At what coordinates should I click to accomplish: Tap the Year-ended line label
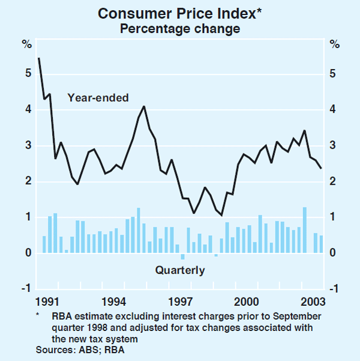point(98,98)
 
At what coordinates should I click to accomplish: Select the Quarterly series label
point(180,270)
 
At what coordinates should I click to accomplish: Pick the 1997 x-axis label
point(180,300)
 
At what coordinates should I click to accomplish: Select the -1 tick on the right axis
point(334,289)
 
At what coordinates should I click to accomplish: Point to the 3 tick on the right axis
point(334,146)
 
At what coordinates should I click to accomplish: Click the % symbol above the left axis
point(26,44)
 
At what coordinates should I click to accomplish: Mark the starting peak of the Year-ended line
point(39,58)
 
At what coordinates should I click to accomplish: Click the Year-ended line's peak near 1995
point(144,106)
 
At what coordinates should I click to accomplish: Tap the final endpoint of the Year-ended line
point(322,168)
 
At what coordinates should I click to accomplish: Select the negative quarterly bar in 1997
point(183,257)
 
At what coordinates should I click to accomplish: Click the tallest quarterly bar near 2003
point(305,230)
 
